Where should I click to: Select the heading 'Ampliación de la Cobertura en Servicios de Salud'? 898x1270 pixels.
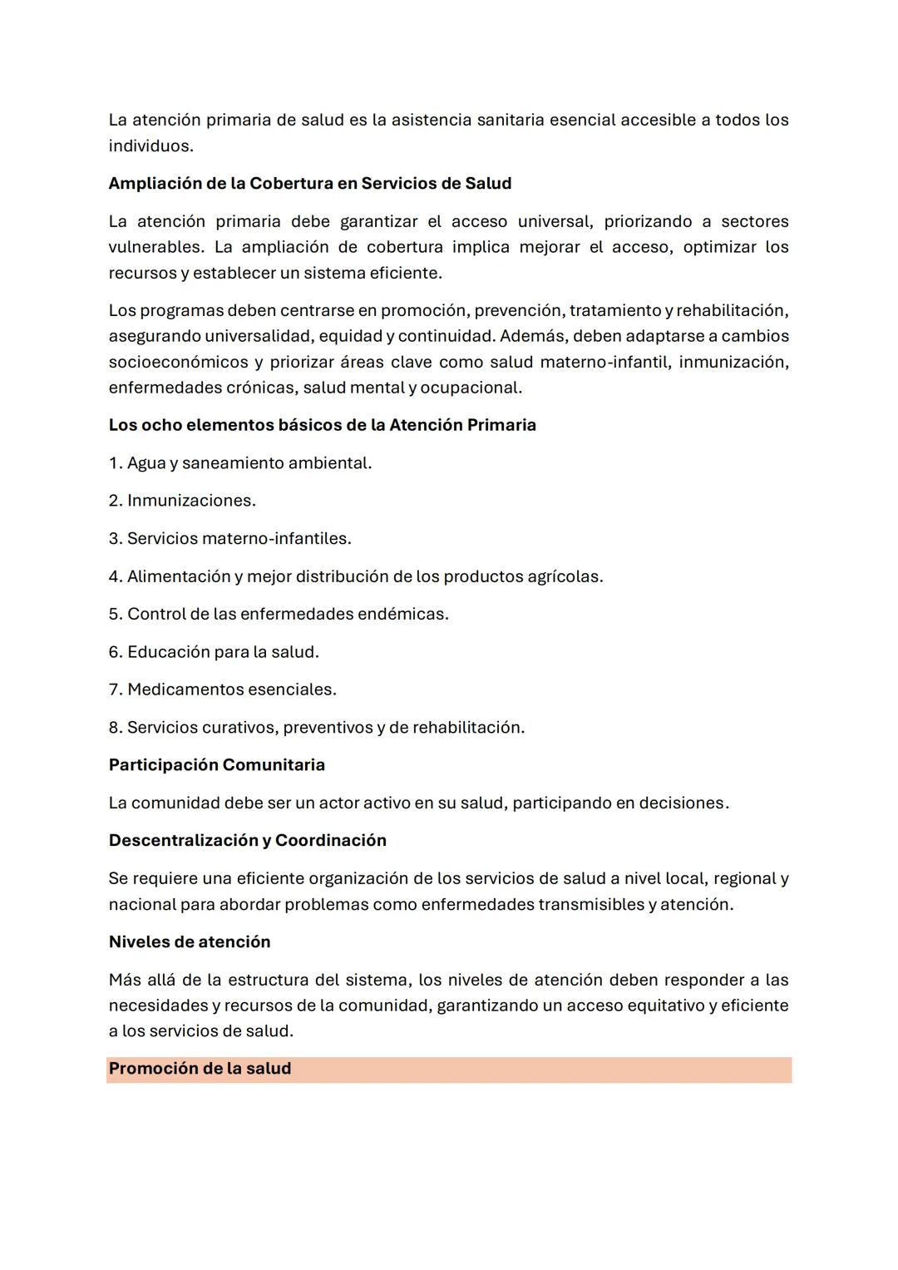pos(309,183)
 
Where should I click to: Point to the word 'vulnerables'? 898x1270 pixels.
pos(155,247)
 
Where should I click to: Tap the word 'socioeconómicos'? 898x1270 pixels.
pos(178,362)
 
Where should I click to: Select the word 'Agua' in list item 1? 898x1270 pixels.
pos(146,463)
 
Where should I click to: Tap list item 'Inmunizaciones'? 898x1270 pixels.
pos(190,501)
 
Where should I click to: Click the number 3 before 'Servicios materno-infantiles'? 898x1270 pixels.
pos(114,539)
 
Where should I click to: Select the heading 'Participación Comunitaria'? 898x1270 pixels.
pos(216,765)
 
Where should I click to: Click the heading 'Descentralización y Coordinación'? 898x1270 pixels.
pos(247,840)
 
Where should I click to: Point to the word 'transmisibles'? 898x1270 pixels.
pos(590,904)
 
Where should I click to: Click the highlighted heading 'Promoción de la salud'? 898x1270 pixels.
pos(200,1069)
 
